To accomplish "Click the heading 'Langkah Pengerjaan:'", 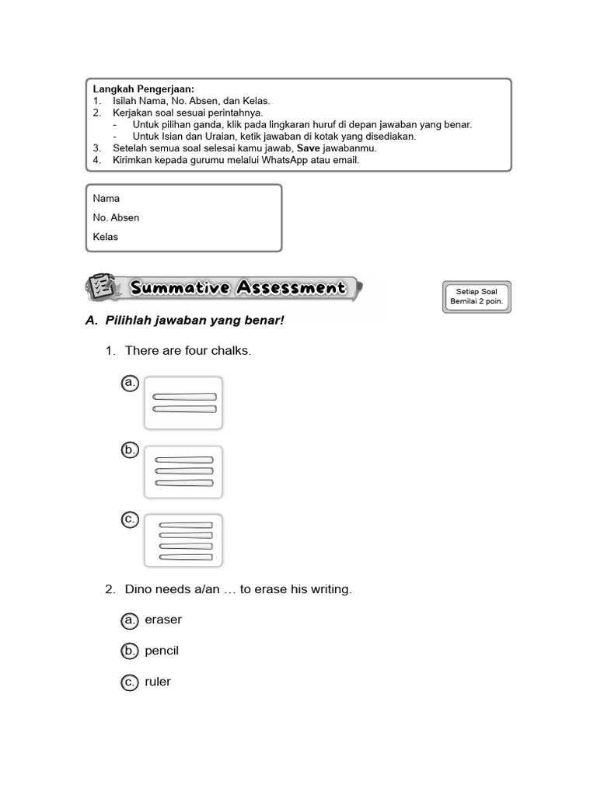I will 144,89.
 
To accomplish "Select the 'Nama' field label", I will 106,198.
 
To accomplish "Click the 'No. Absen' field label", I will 116,217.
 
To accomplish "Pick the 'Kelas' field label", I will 105,237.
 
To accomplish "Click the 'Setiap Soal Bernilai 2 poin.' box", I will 477,296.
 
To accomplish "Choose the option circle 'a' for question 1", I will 130,383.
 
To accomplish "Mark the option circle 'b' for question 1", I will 130,450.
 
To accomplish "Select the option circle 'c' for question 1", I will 130,519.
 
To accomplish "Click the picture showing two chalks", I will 183,402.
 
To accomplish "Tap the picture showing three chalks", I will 183,471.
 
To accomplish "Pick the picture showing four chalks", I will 183,540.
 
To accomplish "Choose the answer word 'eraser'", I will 163,620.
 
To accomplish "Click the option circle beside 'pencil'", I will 130,651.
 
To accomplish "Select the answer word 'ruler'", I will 158,682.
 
